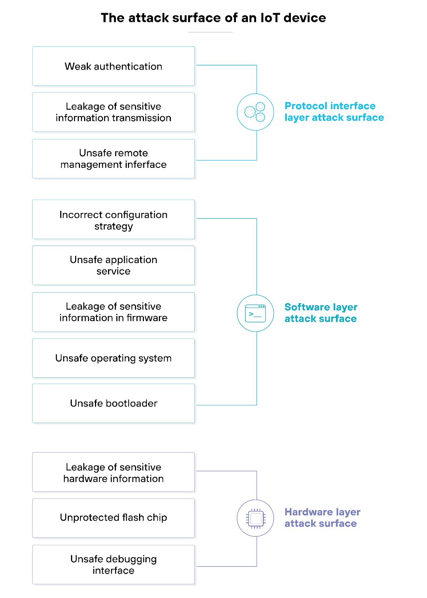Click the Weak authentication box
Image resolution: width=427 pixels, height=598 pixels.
(x=113, y=66)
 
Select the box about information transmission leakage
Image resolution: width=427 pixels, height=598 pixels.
(x=113, y=112)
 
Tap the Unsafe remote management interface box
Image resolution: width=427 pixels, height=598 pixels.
(x=113, y=159)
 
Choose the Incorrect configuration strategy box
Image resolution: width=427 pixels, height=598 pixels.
(x=113, y=220)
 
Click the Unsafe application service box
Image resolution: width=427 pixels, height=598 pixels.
(x=113, y=265)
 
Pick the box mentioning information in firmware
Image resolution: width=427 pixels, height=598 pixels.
(x=113, y=312)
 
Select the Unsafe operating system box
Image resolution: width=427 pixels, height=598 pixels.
(x=113, y=358)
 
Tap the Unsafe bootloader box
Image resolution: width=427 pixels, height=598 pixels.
(x=113, y=403)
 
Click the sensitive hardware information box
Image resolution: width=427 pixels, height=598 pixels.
(x=113, y=472)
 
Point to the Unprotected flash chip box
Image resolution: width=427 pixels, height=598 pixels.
(x=113, y=518)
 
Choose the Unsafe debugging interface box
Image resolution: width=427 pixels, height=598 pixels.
(x=113, y=564)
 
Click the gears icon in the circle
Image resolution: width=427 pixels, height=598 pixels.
(x=255, y=112)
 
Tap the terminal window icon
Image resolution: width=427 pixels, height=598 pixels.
(x=255, y=313)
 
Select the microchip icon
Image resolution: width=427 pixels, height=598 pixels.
(x=255, y=518)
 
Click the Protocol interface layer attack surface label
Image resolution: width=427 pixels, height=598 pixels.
(x=334, y=112)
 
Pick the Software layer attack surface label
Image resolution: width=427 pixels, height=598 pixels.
(x=321, y=313)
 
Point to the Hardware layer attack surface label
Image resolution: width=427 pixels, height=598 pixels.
(x=322, y=518)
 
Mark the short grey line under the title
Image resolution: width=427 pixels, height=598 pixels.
(x=210, y=32)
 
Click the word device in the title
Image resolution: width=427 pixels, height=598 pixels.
(x=305, y=18)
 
